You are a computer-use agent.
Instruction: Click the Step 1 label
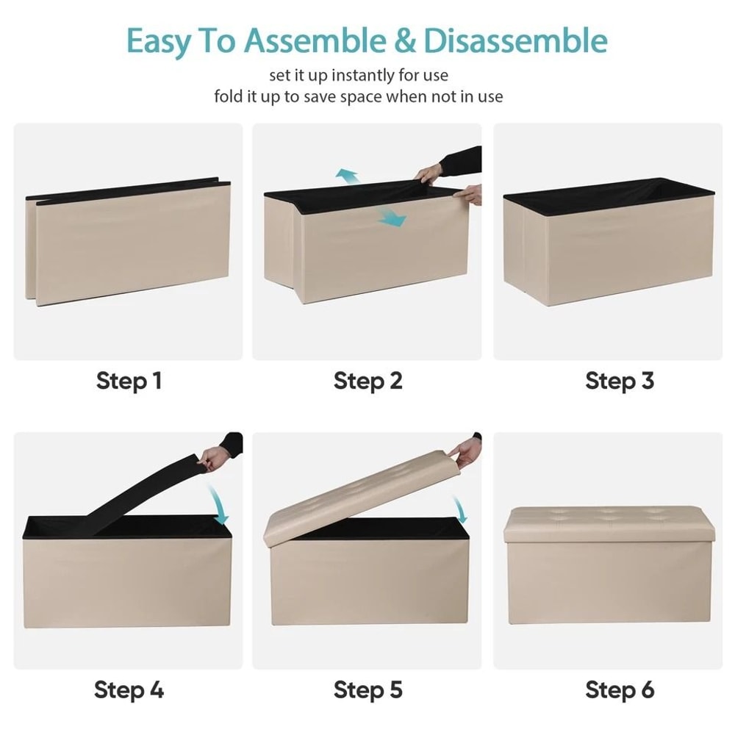click(x=129, y=381)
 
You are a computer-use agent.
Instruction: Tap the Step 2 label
click(x=368, y=381)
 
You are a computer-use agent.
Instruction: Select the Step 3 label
click(x=620, y=381)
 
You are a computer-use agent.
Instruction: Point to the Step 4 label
click(x=129, y=690)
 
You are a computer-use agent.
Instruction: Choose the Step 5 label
click(x=368, y=690)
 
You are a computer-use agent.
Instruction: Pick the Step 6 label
click(x=620, y=690)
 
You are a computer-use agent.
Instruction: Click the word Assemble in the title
click(x=315, y=40)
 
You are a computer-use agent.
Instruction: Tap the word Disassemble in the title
click(x=516, y=40)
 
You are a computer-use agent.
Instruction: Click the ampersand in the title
click(x=404, y=40)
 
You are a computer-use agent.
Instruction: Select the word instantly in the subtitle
click(x=363, y=75)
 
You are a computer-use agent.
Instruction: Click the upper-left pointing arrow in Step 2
click(x=348, y=177)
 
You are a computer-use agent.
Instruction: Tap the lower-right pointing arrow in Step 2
click(x=392, y=218)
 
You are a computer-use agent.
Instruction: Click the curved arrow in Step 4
click(x=218, y=504)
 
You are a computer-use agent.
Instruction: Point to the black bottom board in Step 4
click(x=140, y=497)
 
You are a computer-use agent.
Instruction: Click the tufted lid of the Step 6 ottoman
click(x=609, y=524)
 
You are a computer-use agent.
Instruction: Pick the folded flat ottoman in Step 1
click(x=127, y=241)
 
